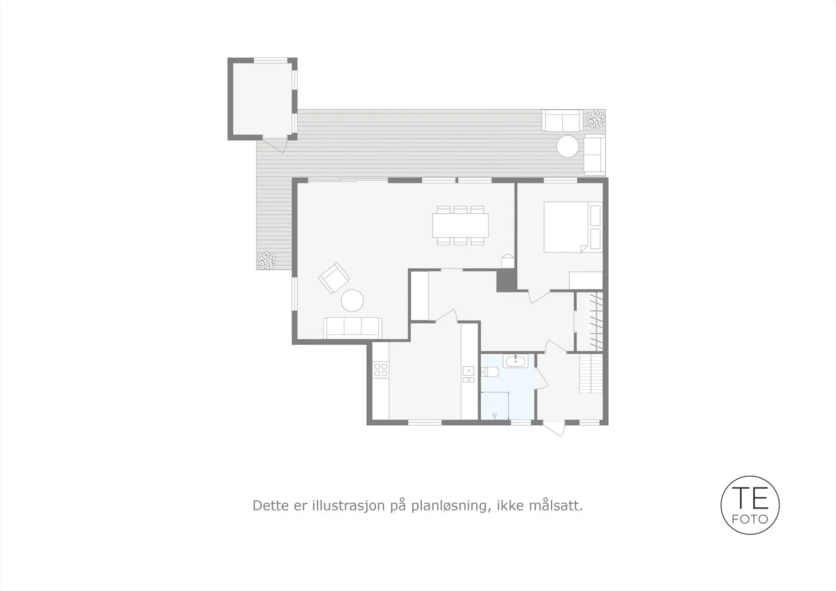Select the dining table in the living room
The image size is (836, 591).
tap(460, 225)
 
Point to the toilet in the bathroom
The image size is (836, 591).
tap(490, 372)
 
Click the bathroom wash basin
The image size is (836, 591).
tap(515, 361)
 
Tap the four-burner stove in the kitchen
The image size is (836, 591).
tap(381, 370)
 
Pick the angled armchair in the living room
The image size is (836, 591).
tap(334, 277)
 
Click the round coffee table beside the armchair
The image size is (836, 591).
tap(352, 300)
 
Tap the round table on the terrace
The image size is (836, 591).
tap(567, 146)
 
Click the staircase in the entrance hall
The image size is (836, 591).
tap(591, 373)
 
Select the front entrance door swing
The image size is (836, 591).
tap(553, 428)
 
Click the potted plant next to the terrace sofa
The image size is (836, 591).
tap(595, 119)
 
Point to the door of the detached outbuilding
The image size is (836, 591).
tap(275, 145)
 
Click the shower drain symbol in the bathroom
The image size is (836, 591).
tap(495, 415)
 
